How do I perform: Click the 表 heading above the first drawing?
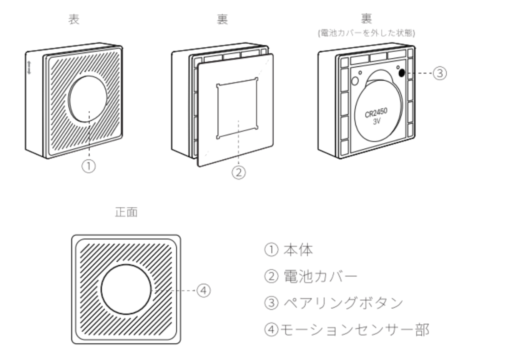74,19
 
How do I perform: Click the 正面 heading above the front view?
126,212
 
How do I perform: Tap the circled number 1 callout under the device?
89,166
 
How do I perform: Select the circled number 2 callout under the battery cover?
238,172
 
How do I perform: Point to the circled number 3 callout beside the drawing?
440,73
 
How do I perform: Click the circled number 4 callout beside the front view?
204,290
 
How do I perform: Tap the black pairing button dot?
402,73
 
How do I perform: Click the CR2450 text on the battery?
376,113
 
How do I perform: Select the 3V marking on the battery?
377,121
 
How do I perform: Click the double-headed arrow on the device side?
29,68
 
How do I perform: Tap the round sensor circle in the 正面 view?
126,289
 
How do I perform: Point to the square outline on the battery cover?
237,108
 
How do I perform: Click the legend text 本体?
298,250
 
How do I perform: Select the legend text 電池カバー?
320,276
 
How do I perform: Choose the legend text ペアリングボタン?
343,303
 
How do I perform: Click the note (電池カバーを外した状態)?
366,33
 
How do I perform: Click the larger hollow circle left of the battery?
355,81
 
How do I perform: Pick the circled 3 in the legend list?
271,303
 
